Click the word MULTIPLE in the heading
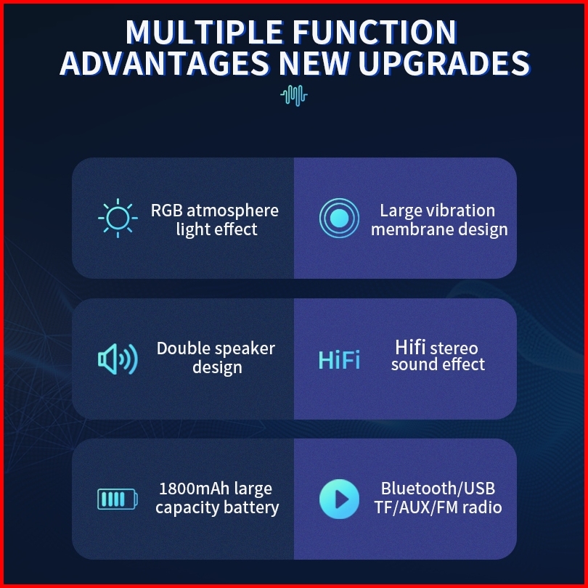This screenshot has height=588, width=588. coord(205,32)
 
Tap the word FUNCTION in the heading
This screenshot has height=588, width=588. coord(375,32)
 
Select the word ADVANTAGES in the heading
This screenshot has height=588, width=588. coord(164,63)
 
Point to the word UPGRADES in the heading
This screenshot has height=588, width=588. coord(444,63)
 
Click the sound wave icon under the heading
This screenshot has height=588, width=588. coord(294,95)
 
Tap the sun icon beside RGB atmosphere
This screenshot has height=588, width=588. coord(118,218)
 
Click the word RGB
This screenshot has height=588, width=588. coord(166,211)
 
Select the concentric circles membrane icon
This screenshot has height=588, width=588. coord(339,218)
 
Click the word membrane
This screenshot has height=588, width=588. coord(412,229)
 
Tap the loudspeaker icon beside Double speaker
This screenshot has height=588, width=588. coord(118,359)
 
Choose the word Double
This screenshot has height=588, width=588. coord(179,348)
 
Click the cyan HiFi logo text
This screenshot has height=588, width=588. coord(339,360)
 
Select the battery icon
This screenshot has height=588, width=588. coord(118,499)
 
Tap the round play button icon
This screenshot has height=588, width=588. coord(339,499)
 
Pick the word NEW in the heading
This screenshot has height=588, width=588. coord(314,63)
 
